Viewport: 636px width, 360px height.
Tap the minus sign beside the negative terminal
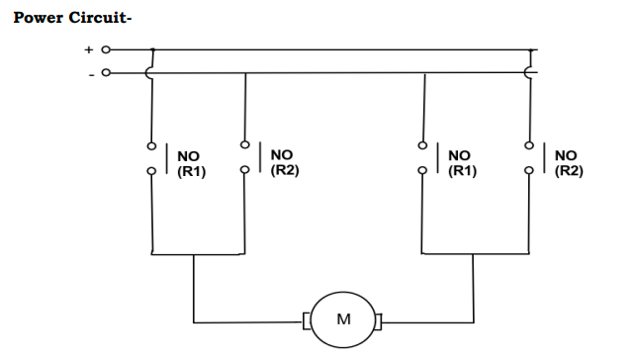coord(90,72)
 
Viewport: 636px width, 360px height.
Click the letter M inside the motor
coord(343,318)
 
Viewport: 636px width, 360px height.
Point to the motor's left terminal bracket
coord(307,319)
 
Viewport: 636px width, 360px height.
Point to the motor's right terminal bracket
coord(379,319)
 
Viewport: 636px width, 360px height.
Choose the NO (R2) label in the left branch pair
coord(284,162)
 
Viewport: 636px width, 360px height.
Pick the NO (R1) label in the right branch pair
coord(461,162)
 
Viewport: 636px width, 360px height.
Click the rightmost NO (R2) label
coord(568,162)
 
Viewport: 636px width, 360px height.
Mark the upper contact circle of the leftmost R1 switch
coord(152,146)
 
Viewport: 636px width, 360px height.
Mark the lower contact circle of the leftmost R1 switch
coord(152,171)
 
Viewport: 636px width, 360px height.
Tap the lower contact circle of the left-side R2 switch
coord(244,168)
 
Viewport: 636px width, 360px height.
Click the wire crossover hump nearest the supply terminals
coord(150,72)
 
